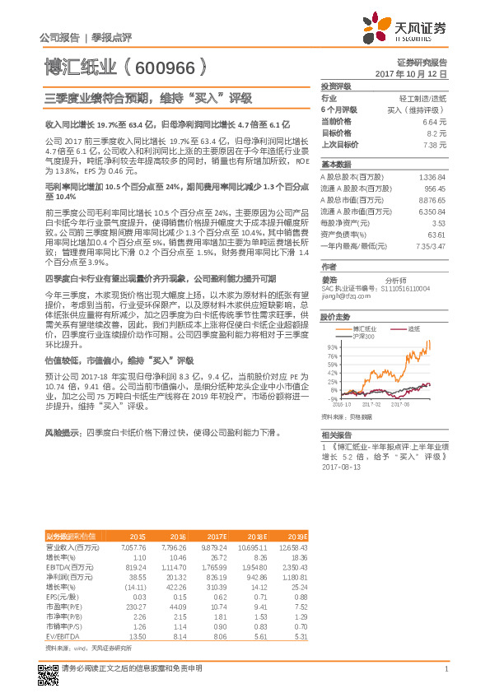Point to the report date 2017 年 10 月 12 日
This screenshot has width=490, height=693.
tap(416, 74)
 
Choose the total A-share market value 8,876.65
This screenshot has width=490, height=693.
tap(432, 199)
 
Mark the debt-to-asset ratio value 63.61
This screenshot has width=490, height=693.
tap(437, 235)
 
